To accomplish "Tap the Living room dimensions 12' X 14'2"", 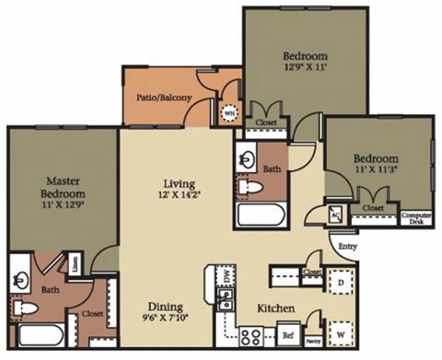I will tap(177, 194).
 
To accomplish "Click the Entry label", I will tap(347, 247).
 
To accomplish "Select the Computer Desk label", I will tap(416, 218).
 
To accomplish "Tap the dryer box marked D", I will tap(340, 280).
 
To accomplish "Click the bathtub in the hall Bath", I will tap(262, 217).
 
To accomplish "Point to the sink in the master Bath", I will tap(21, 274).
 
